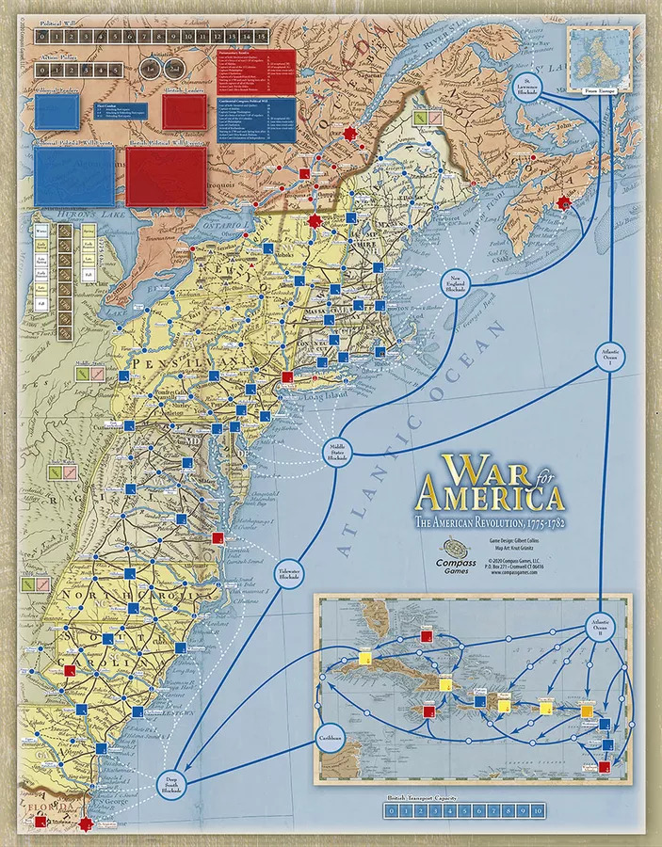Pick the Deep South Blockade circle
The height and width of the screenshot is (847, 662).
tap(172, 784)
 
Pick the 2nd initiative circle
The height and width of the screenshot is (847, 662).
tap(175, 69)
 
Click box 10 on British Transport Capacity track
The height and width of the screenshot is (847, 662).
tap(537, 809)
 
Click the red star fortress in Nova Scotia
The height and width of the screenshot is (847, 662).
tap(563, 202)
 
